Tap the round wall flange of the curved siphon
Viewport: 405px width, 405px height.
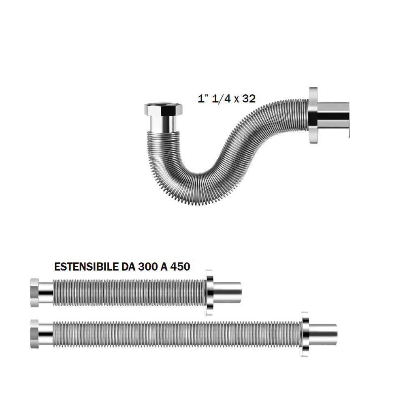coord(313,115)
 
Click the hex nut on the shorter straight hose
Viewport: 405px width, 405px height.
coord(34,292)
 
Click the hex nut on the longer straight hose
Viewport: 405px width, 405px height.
coord(34,334)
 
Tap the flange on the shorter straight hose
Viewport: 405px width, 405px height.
coord(210,292)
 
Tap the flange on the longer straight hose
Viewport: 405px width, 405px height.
coord(305,334)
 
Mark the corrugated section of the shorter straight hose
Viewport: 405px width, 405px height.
coord(130,292)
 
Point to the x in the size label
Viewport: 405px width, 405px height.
coord(236,100)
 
